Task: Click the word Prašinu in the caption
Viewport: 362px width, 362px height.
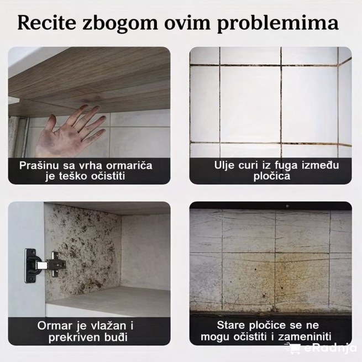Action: click(39, 165)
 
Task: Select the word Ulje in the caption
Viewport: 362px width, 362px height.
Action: click(225, 165)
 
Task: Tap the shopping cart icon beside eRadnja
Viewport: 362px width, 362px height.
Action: click(292, 348)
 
